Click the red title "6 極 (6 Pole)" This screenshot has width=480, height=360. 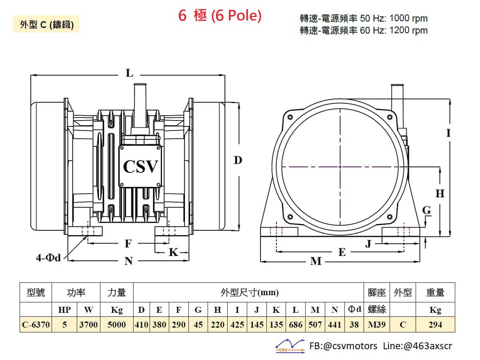(x=220, y=16)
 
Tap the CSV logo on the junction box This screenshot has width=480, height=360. (x=140, y=166)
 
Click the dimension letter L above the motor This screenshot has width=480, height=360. (x=129, y=73)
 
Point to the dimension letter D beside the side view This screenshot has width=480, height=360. (x=238, y=160)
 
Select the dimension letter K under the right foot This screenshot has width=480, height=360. (x=174, y=252)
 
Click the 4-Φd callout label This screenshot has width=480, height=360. (x=48, y=258)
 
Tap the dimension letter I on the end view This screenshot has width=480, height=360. (x=448, y=133)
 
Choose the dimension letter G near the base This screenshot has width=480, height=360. (x=426, y=210)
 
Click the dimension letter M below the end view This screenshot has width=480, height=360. (x=316, y=261)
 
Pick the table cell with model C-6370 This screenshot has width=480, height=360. (x=36, y=324)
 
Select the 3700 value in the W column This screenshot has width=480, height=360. (x=88, y=324)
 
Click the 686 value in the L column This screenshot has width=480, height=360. (x=296, y=324)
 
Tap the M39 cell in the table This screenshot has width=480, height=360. (x=377, y=324)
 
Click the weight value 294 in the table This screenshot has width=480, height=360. (x=435, y=324)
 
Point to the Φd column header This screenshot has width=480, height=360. (x=354, y=309)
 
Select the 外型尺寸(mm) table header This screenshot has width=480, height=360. (x=250, y=292)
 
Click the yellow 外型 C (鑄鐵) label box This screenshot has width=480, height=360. (x=46, y=24)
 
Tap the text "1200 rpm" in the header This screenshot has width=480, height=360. (x=408, y=30)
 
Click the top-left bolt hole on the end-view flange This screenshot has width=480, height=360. (x=290, y=117)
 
